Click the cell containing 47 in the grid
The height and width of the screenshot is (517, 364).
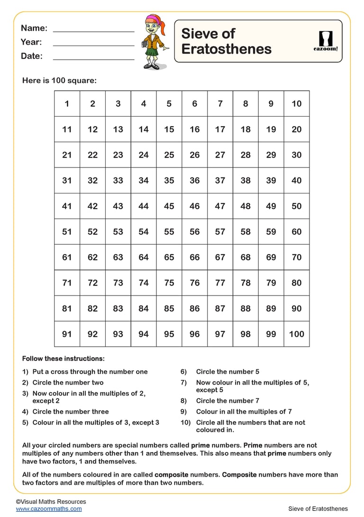coord(220,206)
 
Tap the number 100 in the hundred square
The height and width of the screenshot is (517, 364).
coord(296,334)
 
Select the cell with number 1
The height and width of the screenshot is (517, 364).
coord(67,103)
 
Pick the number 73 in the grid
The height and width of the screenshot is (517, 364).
coord(118,283)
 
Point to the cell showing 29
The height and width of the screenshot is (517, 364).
coord(271,155)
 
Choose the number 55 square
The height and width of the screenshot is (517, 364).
coord(169,231)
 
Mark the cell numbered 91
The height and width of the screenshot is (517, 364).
coord(67,334)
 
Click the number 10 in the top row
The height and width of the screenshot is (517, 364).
coord(296,103)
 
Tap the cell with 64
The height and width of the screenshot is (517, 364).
coord(144,257)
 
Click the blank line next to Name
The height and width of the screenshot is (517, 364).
coord(93,31)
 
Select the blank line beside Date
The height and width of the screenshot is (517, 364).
coord(93,59)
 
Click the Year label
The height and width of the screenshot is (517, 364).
coord(31,42)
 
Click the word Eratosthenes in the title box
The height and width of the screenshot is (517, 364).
coord(226,49)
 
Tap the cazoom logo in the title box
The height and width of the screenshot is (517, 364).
coord(326,41)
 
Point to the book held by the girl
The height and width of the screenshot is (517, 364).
coord(144,45)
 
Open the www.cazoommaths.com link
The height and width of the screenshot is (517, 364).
coord(49,508)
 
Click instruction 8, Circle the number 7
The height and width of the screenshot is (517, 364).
coord(227,401)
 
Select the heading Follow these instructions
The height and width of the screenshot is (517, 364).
coord(64,359)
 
